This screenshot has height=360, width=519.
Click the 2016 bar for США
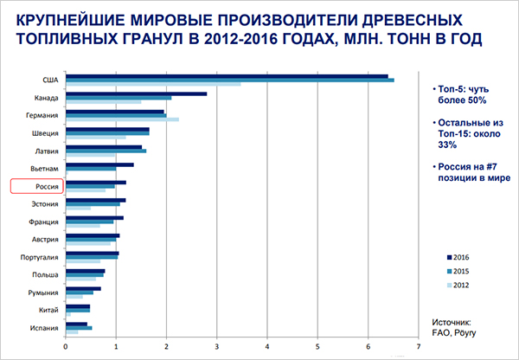pyautogui.click(x=225, y=75)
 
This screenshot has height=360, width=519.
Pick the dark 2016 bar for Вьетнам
pyautogui.click(x=99, y=164)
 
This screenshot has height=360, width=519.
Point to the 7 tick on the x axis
pyautogui.click(x=418, y=347)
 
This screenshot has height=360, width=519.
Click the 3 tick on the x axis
pyautogui.click(x=217, y=347)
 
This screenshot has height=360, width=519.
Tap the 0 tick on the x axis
pyautogui.click(x=66, y=347)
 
